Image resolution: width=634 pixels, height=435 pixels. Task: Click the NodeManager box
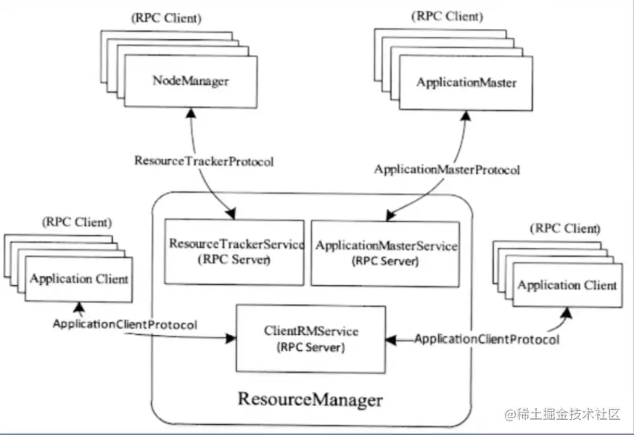point(191,81)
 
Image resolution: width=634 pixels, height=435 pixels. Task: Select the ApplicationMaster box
point(466,83)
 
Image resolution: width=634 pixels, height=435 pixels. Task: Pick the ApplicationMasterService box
point(386,252)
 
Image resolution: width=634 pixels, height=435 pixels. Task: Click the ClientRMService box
point(311,339)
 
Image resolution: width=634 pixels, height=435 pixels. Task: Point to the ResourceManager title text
point(310,399)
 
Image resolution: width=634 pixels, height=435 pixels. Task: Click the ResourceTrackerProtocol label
point(204,161)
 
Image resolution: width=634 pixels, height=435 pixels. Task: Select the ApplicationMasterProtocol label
point(447,170)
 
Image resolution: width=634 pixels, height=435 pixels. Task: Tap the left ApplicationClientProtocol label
point(125,324)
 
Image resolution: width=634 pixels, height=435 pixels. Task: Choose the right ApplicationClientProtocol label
point(487,339)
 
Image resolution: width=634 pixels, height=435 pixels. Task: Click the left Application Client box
point(79,278)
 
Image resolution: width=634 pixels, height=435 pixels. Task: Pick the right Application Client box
point(567,285)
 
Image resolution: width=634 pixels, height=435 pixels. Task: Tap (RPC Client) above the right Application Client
point(565,228)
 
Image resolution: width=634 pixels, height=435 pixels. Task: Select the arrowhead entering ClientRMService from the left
point(233,338)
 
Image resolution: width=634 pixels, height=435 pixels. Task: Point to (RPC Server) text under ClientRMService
point(310,347)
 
